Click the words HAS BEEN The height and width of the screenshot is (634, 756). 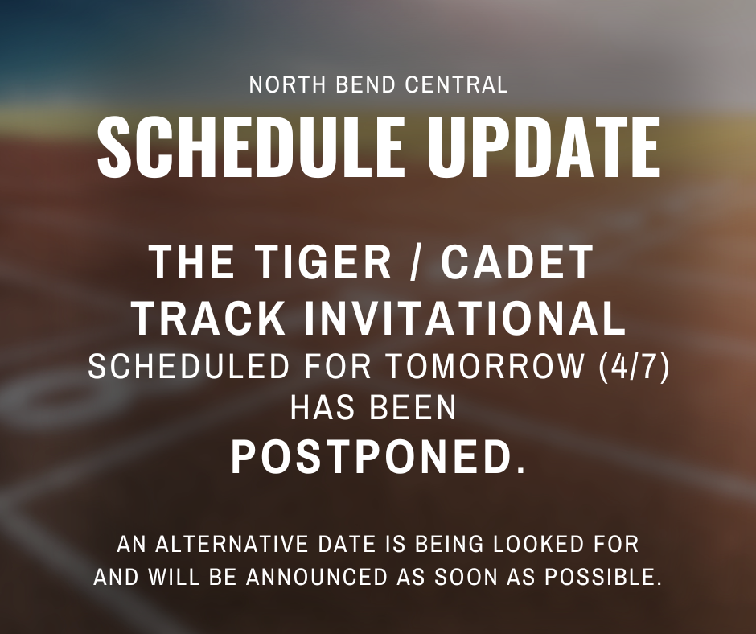tap(373, 409)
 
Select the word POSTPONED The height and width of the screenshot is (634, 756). tap(369, 457)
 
